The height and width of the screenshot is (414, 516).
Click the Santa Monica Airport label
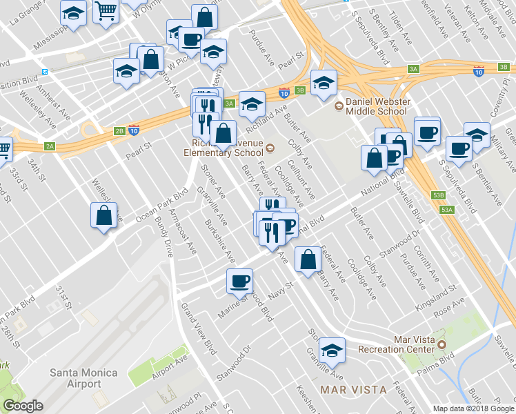[x=83, y=378]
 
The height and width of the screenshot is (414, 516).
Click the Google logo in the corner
[x=23, y=406]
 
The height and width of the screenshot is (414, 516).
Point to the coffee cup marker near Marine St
[x=240, y=281]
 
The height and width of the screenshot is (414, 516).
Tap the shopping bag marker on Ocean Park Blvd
[x=103, y=215]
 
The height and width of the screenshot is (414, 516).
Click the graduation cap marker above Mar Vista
[x=333, y=351]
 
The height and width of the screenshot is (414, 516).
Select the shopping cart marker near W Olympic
[x=106, y=11]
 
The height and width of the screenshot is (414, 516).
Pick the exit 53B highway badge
[x=438, y=195]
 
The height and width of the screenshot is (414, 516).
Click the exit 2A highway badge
[x=50, y=146]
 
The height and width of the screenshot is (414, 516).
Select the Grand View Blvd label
[x=197, y=324]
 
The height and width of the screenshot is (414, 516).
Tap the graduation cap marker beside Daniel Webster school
[x=322, y=83]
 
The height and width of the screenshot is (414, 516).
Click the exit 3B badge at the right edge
[x=504, y=67]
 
